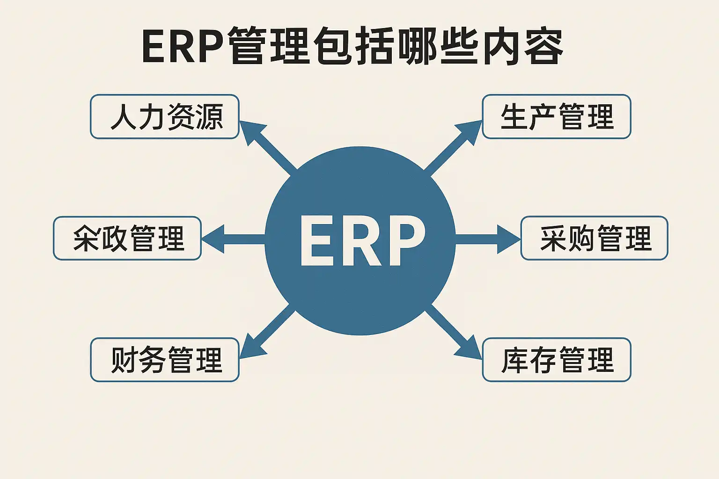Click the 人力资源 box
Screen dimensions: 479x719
[165, 116]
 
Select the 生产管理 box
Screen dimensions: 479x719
[557, 116]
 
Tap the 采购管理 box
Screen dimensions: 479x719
[594, 238]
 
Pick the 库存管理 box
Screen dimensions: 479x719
[557, 360]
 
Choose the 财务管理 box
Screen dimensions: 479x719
[165, 360]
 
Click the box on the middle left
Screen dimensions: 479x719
[127, 238]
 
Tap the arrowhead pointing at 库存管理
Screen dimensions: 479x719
[469, 347]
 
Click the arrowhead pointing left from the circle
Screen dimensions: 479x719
[214, 239]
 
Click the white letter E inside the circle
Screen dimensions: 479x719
[316, 240]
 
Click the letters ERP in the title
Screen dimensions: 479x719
[183, 47]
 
